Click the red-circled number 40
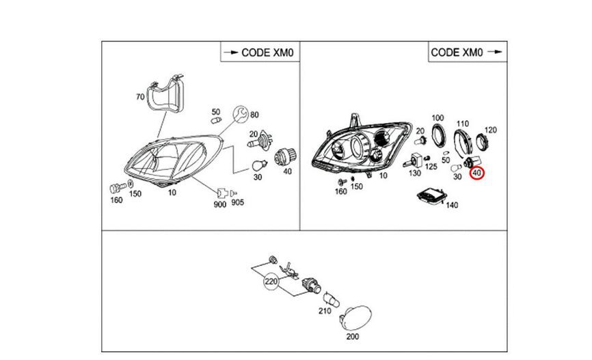[x=476, y=174]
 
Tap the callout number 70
[x=140, y=97]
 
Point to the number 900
[x=220, y=204]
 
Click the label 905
[x=237, y=203]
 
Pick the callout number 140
[x=451, y=204]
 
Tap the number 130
[x=415, y=174]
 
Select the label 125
[x=431, y=167]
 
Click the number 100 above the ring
[x=437, y=118]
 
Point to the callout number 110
[x=463, y=123]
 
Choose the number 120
[x=490, y=129]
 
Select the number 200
[x=352, y=337]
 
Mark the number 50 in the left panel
[x=216, y=112]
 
